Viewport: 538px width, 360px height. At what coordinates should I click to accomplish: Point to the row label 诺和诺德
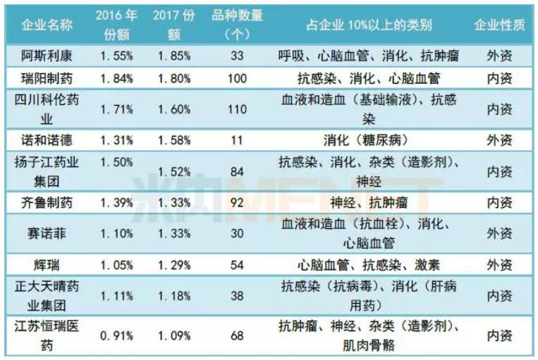[47, 139]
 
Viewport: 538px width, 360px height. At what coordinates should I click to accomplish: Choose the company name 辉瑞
[47, 265]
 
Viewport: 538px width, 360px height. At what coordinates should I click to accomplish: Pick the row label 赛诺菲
[47, 233]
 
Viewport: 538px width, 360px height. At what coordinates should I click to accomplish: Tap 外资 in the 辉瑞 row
[499, 265]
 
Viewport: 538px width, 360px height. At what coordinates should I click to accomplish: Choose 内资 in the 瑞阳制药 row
[499, 77]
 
